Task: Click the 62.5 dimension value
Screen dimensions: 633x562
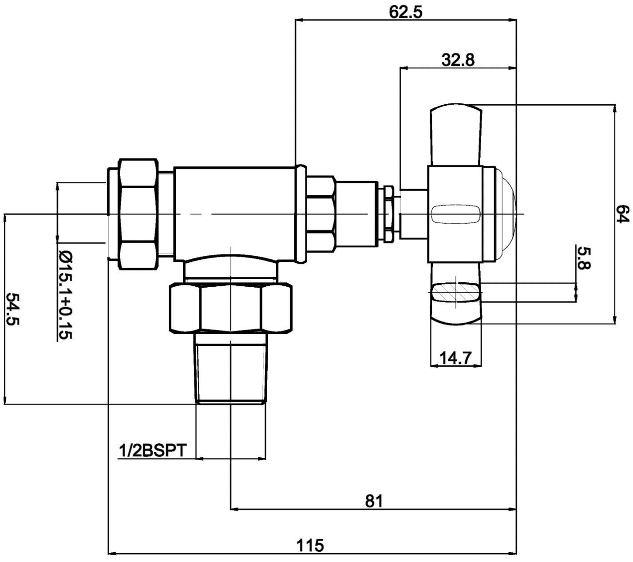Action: [405, 12]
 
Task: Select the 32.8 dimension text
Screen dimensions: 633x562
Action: [458, 59]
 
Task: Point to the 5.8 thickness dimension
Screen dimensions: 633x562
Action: [583, 258]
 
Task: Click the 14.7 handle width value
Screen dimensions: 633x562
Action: [455, 358]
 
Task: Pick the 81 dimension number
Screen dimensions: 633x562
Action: [374, 501]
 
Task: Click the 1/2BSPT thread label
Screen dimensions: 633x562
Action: [152, 451]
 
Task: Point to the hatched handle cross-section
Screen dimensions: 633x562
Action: [455, 292]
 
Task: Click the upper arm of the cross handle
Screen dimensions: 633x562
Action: [455, 135]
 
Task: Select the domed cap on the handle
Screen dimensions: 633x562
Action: [505, 214]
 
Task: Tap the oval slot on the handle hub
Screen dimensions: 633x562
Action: [455, 214]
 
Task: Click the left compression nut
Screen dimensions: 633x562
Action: [138, 214]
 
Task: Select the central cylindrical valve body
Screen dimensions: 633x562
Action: [234, 214]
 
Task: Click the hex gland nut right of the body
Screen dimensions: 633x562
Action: [320, 214]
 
